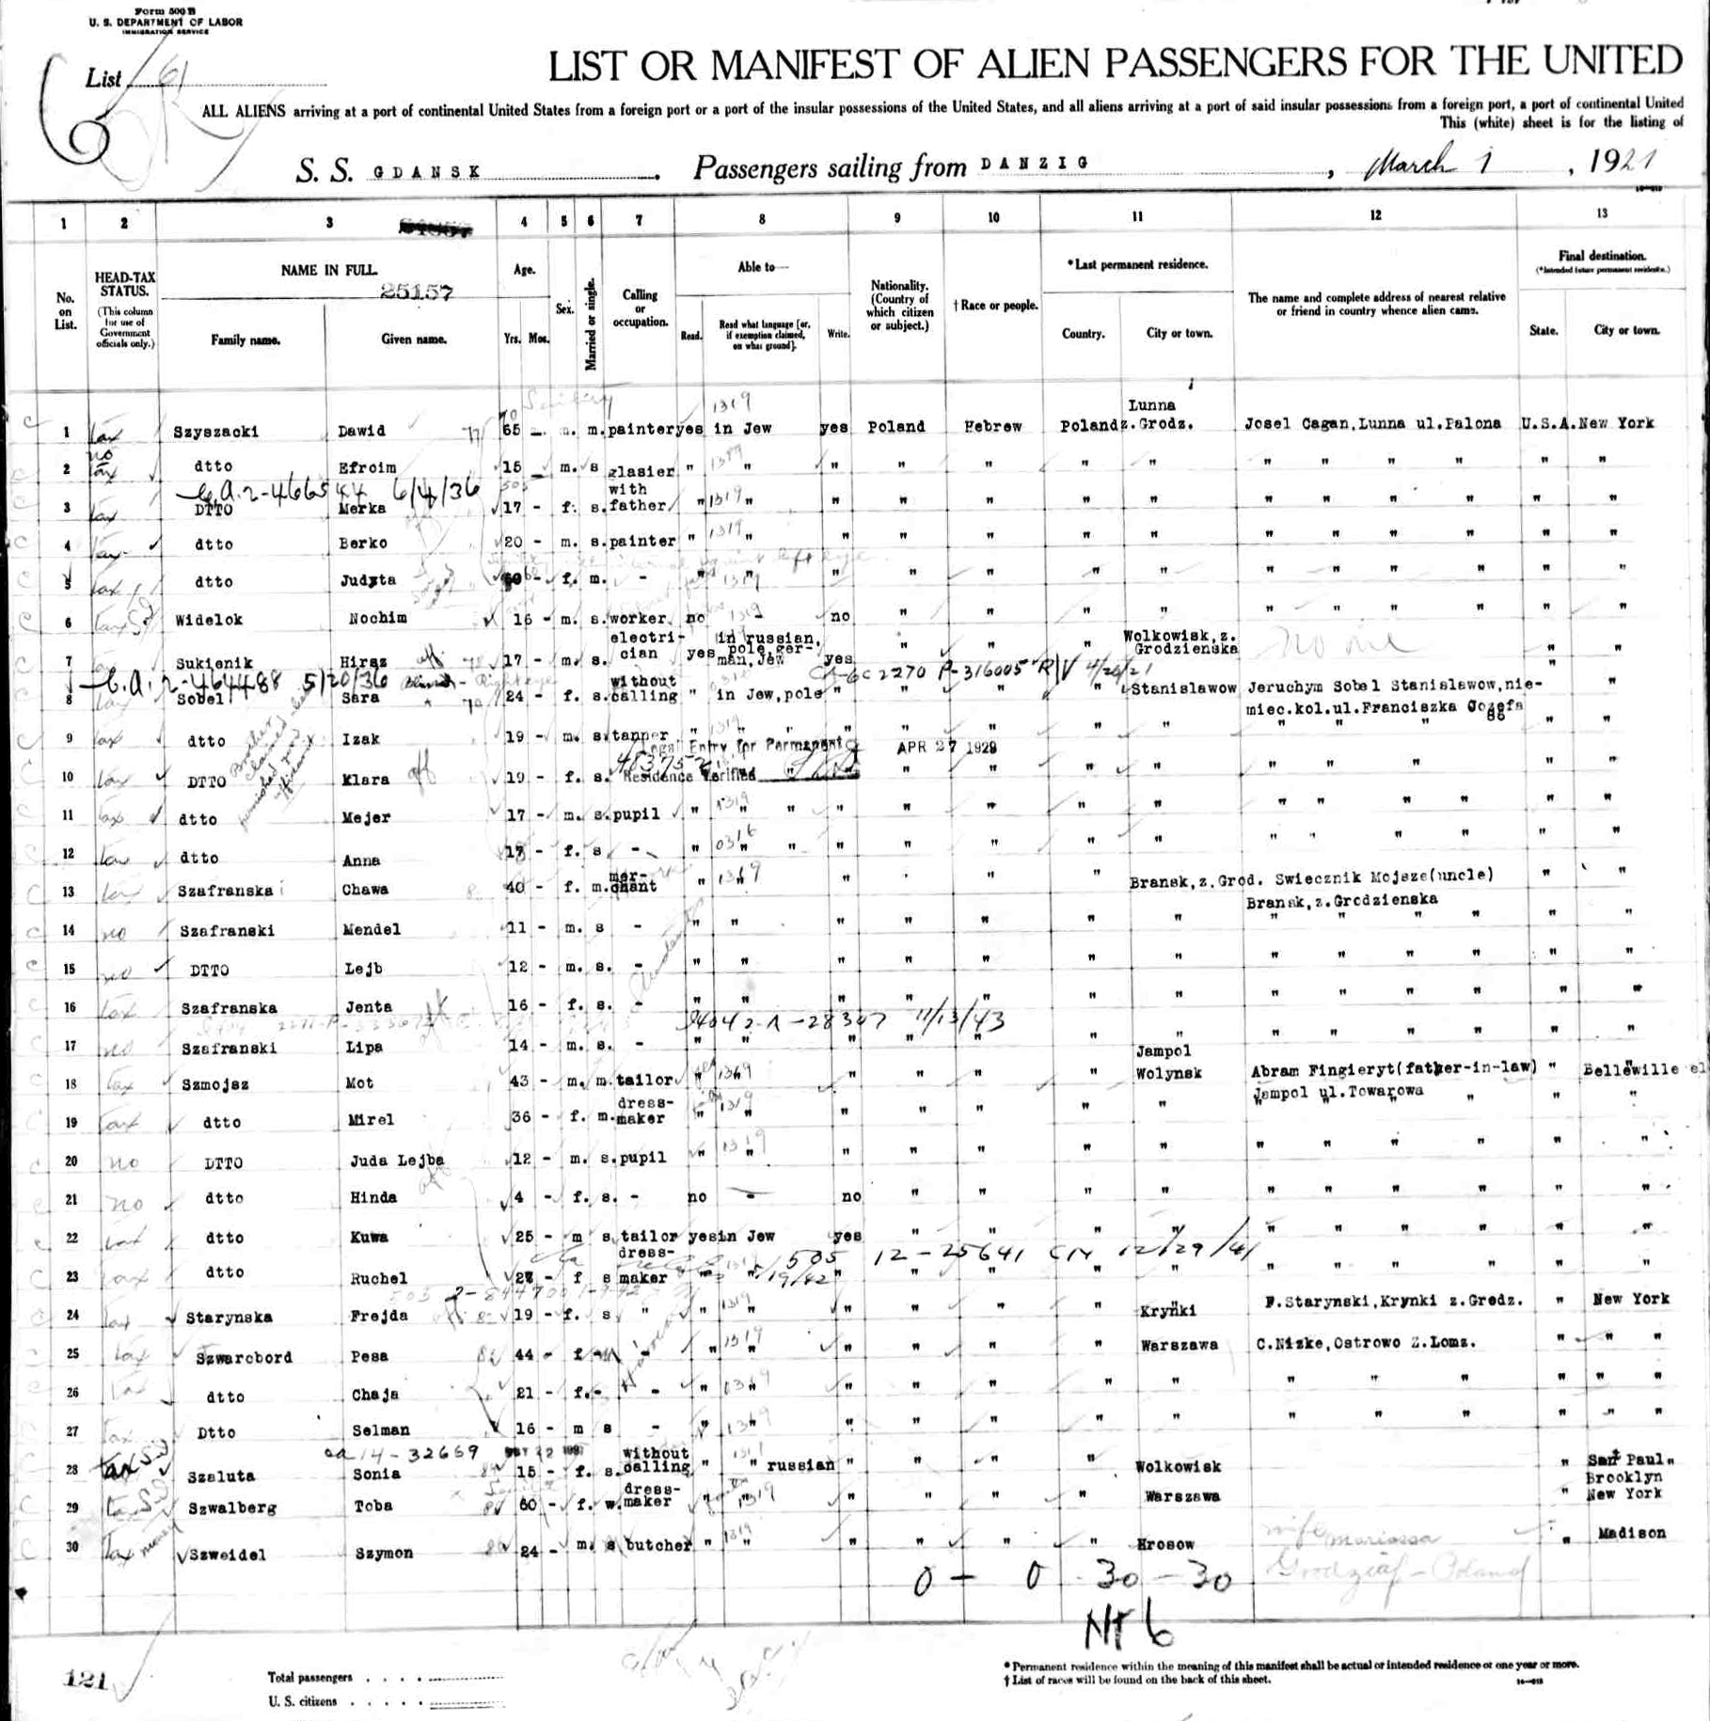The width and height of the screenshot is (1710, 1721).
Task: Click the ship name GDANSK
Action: click(428, 172)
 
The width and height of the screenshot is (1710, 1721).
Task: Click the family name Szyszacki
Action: click(214, 433)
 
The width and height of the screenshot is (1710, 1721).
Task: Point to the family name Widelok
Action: click(209, 621)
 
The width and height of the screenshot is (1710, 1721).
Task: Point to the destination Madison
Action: click(1631, 1534)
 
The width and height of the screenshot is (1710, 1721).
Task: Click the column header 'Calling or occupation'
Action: click(640, 308)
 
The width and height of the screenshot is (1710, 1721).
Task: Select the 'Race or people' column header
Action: click(994, 306)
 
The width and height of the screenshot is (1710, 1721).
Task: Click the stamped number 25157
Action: click(417, 292)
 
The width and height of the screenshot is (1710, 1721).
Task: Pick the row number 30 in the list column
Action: click(71, 1547)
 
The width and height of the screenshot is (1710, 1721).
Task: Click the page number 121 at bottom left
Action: click(85, 1680)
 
